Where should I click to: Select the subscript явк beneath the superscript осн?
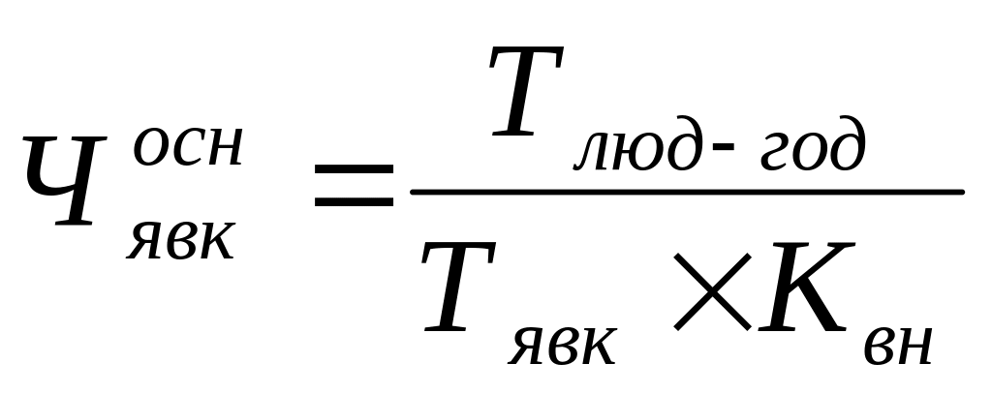coord(180,238)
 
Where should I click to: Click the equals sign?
coord(355,190)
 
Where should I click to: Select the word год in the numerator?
coord(809,152)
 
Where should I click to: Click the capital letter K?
coord(800,288)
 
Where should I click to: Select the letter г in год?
coord(768,155)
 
